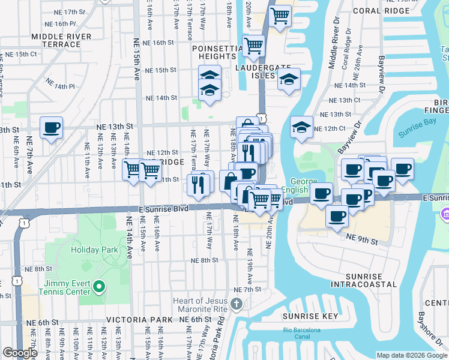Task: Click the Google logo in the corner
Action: pos(19,353)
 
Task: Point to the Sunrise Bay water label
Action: pos(419,136)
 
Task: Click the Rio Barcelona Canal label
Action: pos(302,334)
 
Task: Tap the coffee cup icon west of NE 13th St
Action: pos(52,128)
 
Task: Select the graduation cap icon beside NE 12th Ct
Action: pos(301,127)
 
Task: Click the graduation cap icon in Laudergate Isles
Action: pos(289,80)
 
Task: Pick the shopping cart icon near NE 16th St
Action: pos(254,46)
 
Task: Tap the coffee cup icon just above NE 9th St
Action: pos(337,215)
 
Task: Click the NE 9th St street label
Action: pos(362,239)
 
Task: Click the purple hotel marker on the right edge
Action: pos(445,214)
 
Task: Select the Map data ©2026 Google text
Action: pos(411,355)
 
